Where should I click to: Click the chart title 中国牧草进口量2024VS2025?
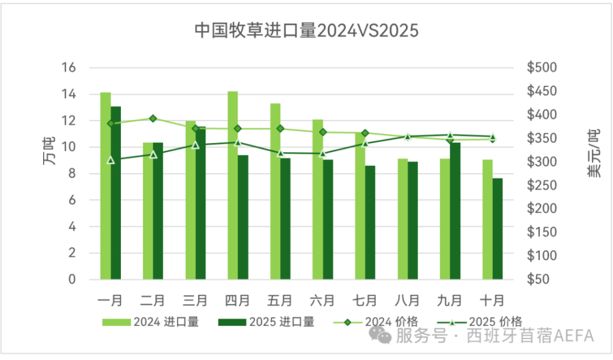306,31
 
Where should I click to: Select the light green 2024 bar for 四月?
233,186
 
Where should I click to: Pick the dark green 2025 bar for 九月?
456,211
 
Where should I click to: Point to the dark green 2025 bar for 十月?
497,229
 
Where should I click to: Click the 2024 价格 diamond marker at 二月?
153,119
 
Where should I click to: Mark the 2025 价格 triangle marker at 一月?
111,160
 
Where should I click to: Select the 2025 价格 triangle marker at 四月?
238,143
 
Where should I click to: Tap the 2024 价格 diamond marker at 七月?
365,133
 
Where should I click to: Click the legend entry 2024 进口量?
150,322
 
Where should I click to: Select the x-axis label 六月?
323,298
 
